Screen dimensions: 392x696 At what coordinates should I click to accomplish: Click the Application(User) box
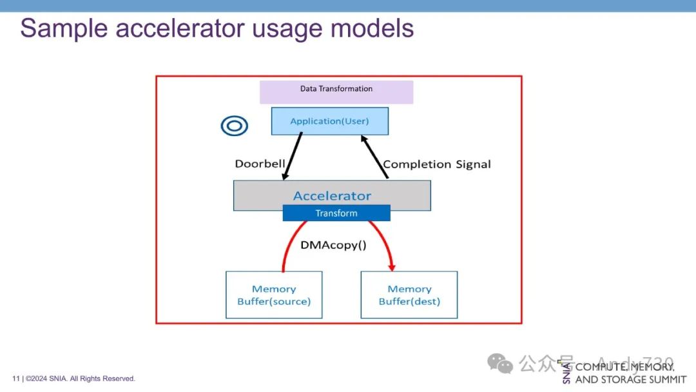coord(329,121)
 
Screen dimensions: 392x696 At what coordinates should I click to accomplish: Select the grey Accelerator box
coord(332,195)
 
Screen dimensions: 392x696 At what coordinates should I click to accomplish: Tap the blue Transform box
coord(336,213)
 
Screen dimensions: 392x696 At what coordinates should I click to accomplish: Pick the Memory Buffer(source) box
coord(274,295)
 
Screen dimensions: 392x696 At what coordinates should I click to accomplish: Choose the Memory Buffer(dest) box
coord(409,295)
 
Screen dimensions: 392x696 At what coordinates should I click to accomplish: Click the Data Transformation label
coord(336,89)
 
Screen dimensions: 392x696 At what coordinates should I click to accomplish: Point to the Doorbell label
coord(260,164)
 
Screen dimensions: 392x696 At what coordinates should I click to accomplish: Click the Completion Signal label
coord(437,164)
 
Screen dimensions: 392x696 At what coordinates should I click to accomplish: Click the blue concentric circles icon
coord(234,126)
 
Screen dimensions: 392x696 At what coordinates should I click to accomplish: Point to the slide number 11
coord(15,378)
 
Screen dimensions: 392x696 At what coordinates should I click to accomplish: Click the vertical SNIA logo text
coord(566,373)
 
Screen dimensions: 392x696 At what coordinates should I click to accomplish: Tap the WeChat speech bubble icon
coord(500,364)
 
